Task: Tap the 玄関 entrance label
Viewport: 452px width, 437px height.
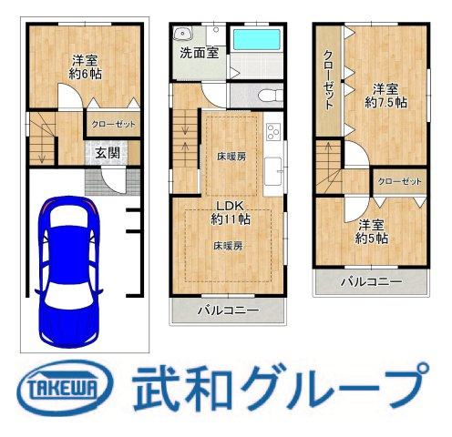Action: (x=106, y=153)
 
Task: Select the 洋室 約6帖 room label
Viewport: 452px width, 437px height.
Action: (x=86, y=69)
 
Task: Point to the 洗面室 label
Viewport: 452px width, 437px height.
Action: (x=198, y=52)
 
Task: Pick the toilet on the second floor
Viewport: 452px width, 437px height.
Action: (x=268, y=95)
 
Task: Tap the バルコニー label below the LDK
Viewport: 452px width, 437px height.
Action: (x=229, y=310)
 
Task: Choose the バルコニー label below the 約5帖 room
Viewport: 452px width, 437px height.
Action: (x=371, y=282)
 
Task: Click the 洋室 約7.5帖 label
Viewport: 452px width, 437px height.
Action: (x=385, y=96)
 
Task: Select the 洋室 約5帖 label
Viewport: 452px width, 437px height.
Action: (x=372, y=231)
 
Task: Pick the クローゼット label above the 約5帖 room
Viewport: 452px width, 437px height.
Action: (x=400, y=180)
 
